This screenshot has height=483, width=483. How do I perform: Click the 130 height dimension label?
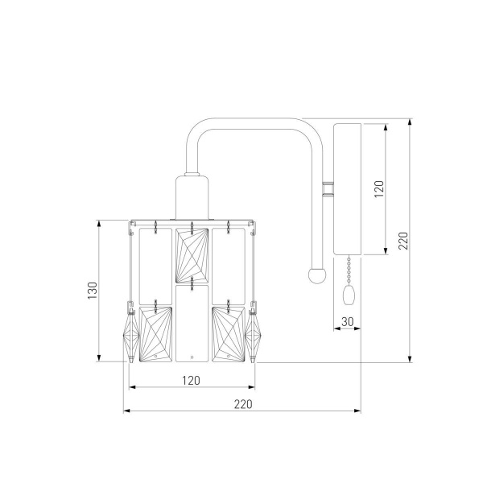[x=93, y=290]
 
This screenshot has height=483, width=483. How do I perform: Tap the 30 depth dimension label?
[x=348, y=322]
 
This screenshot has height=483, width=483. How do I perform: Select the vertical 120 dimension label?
[x=379, y=189]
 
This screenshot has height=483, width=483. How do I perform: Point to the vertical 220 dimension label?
[x=403, y=241]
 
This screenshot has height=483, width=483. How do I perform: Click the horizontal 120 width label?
[x=191, y=381]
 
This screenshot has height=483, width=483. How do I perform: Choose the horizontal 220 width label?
[x=243, y=404]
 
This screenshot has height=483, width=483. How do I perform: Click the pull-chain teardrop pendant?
[x=349, y=295]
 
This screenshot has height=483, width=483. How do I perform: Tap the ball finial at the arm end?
[x=317, y=275]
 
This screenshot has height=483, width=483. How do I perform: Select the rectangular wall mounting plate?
[x=348, y=189]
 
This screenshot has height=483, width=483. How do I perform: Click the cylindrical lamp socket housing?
[x=192, y=197]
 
